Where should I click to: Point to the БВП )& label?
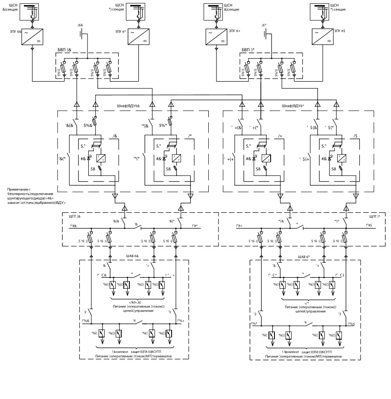coord(64,50)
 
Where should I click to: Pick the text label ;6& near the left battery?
coord(79,25)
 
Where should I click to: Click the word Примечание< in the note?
coord(19,189)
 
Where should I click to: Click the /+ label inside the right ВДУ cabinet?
coord(280,136)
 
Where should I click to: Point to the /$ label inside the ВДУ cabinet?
coord(355,136)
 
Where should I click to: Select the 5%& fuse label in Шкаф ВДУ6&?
coord(87,126)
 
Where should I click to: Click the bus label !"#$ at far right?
coord(369,225)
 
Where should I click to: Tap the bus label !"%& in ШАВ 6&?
coord(86,320)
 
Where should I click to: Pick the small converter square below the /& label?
coord(101,158)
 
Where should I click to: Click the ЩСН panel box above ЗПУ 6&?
coord(32,12)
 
